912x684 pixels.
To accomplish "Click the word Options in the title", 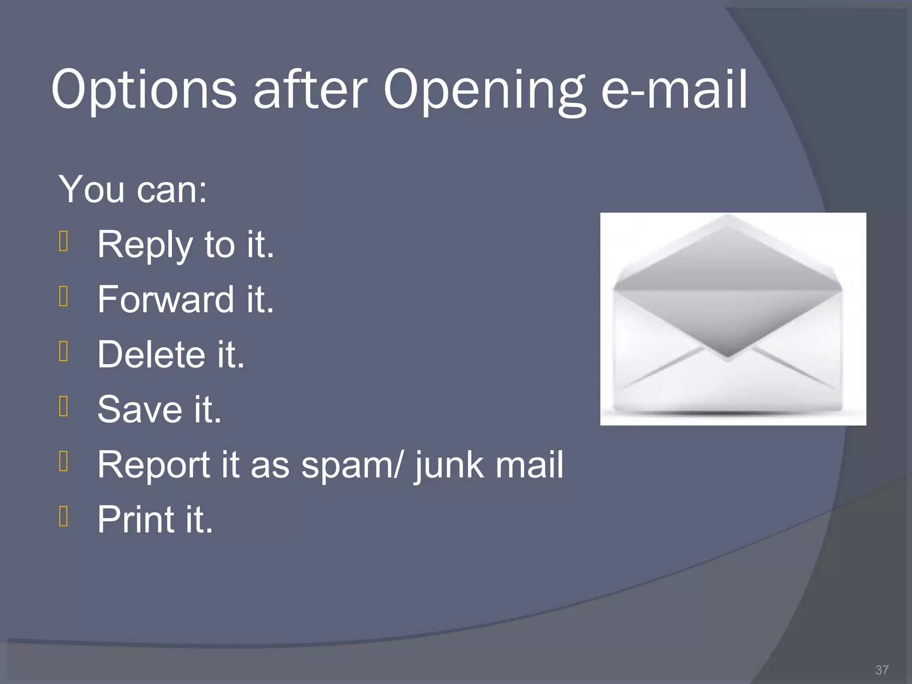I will click(x=144, y=90).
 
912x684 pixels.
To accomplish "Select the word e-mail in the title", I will click(x=674, y=90).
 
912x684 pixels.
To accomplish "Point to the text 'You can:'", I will click(x=133, y=190).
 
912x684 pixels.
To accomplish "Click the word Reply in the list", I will click(x=144, y=245).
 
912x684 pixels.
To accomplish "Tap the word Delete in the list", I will click(x=151, y=355).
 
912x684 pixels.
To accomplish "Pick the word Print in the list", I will click(x=136, y=520).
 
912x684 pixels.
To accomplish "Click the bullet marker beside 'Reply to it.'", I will click(x=64, y=242).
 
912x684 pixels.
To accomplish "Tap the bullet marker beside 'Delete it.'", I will click(x=64, y=351).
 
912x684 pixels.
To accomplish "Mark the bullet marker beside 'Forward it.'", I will click(x=64, y=297).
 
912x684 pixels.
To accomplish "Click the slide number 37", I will click(x=882, y=670).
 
